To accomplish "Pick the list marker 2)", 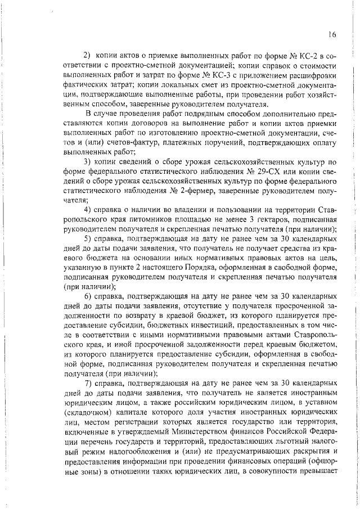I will tap(87, 56).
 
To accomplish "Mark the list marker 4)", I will tap(88, 210).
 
